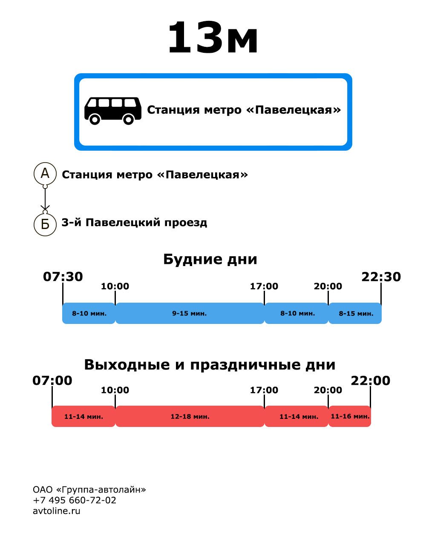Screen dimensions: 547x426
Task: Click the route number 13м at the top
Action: point(213,38)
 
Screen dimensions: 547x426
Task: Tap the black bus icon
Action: point(113,110)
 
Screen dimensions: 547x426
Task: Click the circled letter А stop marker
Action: point(45,174)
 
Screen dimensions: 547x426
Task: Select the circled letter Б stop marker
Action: point(45,224)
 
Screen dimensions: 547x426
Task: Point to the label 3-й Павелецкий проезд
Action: point(134,223)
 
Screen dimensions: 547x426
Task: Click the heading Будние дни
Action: point(210,259)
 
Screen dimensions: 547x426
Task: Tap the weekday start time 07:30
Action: point(63,277)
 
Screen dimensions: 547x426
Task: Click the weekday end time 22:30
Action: point(381,277)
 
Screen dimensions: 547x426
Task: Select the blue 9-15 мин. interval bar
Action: point(190,313)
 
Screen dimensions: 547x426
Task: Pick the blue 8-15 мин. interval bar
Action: point(355,313)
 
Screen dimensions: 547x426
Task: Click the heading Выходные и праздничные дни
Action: point(210,365)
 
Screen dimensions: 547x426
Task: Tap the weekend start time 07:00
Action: point(52,381)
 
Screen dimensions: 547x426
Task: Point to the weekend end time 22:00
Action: point(370,381)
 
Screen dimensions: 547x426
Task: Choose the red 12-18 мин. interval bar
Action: point(190,416)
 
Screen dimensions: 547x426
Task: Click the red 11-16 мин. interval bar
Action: point(350,416)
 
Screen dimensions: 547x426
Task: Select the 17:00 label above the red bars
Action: point(264,390)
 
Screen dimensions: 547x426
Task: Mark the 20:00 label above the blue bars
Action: point(328,286)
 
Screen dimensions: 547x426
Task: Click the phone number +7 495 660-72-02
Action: point(75,500)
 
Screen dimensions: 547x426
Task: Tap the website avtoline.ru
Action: point(57,511)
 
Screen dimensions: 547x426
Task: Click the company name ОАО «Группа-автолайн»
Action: point(89,490)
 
